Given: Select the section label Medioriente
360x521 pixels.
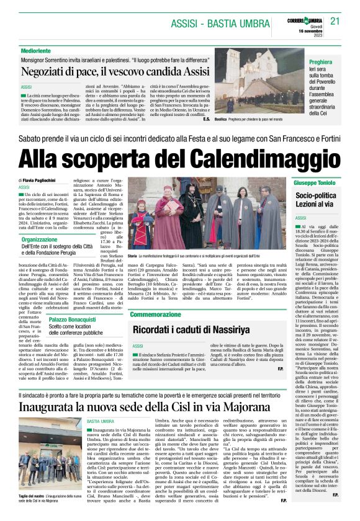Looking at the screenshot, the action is click(x=36, y=50).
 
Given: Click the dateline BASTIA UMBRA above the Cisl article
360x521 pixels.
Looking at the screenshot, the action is click(x=101, y=403).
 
